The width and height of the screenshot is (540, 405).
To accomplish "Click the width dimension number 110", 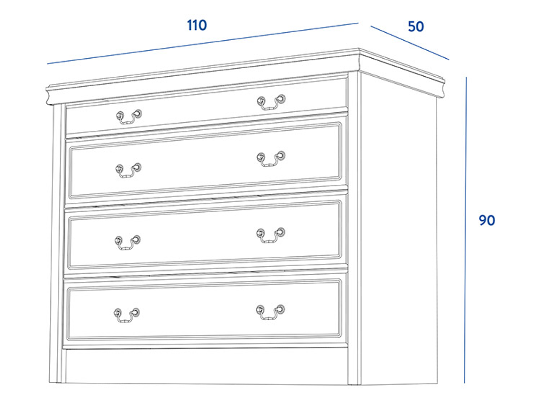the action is coord(197,25).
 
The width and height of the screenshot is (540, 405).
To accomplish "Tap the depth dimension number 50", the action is coord(416,27).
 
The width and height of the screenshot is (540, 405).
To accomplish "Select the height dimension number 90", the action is coord(486,220).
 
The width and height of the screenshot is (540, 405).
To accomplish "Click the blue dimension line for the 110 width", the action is coord(203,44).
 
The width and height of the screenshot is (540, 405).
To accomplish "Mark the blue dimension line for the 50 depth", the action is coord(410,43).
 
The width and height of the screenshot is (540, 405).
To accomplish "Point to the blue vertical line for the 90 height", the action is coord(465,230).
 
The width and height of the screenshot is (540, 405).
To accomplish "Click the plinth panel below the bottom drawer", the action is coord(207,366).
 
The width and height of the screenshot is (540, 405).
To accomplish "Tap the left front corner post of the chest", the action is coord(57,243).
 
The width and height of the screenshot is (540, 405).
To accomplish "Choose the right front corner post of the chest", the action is coord(354,228).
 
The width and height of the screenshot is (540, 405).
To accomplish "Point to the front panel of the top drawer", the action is coord(207,107).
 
